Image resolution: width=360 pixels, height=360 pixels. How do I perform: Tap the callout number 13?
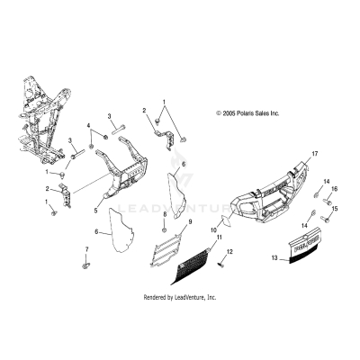(x=274, y=257)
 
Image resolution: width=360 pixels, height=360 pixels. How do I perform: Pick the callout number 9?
(x=190, y=221)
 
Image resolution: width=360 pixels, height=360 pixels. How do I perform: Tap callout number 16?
(x=333, y=190)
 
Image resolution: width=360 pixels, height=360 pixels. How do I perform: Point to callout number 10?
(x=213, y=231)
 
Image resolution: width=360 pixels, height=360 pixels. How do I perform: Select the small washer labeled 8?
(x=163, y=229)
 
